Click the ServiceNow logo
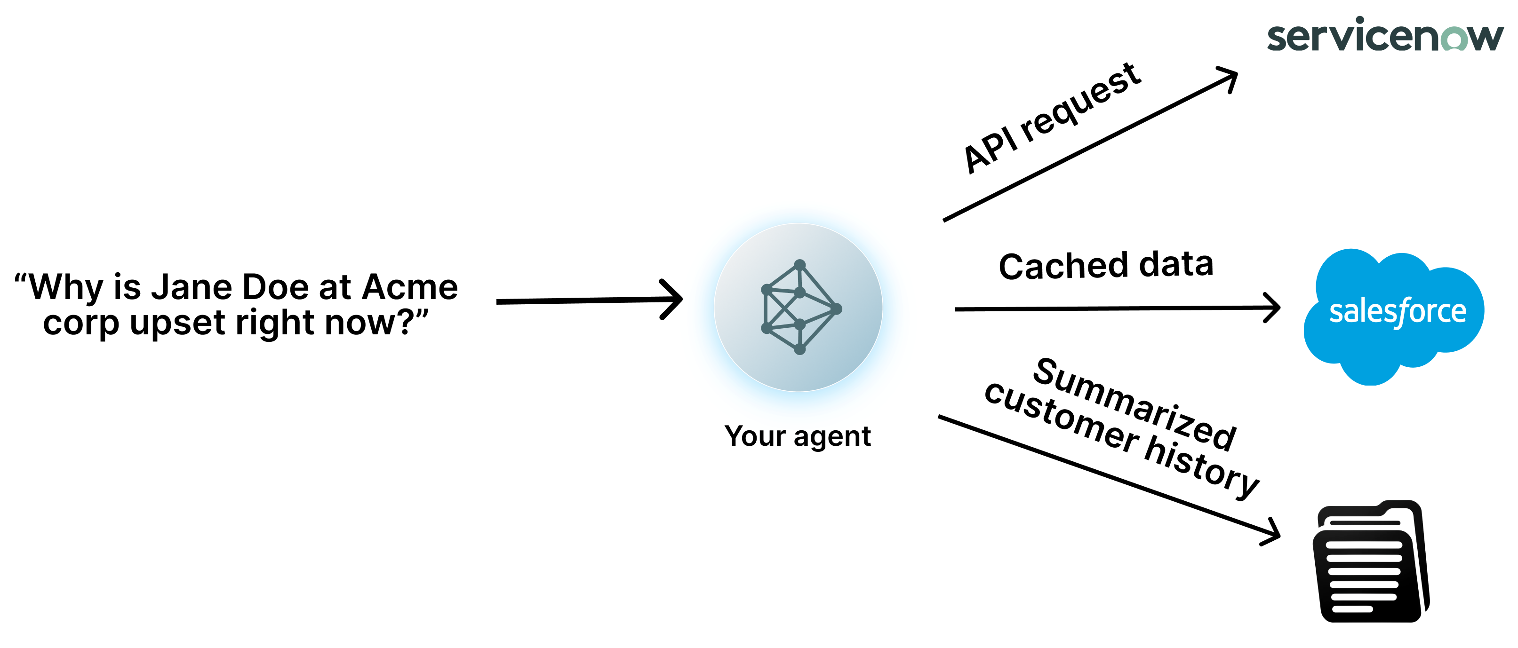point(1385,35)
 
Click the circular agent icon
point(798,307)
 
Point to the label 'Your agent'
point(797,436)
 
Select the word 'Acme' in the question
point(409,287)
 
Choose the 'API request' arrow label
point(1052,118)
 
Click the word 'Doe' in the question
point(276,287)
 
